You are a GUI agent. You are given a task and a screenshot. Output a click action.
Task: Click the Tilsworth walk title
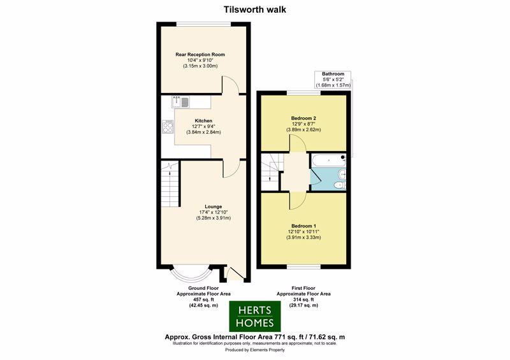[255, 10]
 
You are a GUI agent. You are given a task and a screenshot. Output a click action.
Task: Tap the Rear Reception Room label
[200, 54]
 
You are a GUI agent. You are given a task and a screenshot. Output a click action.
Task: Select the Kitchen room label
[203, 120]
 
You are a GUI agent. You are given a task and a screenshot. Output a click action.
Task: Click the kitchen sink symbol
[180, 102]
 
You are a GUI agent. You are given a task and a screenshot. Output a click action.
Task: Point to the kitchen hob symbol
[168, 127]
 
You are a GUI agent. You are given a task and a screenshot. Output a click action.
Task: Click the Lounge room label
[214, 206]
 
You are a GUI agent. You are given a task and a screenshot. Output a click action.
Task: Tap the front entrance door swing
[235, 274]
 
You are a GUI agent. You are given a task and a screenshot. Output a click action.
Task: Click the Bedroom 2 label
[303, 118]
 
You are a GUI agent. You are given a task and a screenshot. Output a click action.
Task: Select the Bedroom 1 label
[304, 226]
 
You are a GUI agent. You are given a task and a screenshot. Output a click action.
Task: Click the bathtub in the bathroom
[328, 161]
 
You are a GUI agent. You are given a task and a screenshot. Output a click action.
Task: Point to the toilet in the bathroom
[340, 185]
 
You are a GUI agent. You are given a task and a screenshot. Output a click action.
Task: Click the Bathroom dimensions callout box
[333, 80]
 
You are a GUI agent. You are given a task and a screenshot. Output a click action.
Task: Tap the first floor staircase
[270, 173]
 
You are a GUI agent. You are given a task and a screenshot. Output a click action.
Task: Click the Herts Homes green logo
[255, 316]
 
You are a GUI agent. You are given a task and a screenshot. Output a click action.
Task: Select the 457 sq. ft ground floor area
[203, 299]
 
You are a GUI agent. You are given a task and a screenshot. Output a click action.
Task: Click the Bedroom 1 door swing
[297, 201]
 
